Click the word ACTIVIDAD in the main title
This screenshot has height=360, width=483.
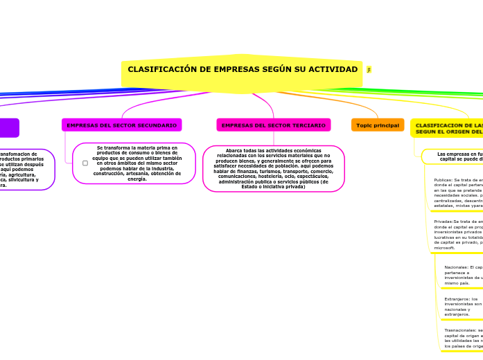pyautogui.click(x=333, y=70)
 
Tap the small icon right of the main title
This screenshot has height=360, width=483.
pyautogui.click(x=369, y=70)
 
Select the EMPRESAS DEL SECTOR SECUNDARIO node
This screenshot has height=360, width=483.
pyautogui.click(x=122, y=125)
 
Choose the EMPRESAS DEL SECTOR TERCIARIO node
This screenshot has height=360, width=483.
pyautogui.click(x=273, y=125)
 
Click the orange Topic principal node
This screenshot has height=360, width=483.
pyautogui.click(x=378, y=125)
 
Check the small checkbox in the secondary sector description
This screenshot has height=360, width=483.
pyautogui.click(x=85, y=163)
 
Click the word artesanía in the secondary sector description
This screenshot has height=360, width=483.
pyautogui.click(x=151, y=174)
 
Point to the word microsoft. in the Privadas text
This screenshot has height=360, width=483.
pyautogui.click(x=445, y=247)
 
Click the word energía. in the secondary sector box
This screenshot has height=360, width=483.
pyautogui.click(x=137, y=179)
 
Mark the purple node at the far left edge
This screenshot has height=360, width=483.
pyautogui.click(x=8, y=128)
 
